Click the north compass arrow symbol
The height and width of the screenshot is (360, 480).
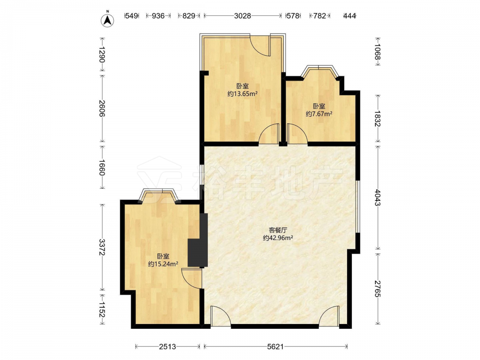pyautogui.click(x=108, y=20)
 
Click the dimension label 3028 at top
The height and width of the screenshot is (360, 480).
pyautogui.click(x=242, y=16)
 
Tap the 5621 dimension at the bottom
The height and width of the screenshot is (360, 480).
pyautogui.click(x=276, y=347)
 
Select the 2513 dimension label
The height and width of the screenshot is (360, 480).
pyautogui.click(x=168, y=347)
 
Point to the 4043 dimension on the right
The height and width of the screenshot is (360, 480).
pyautogui.click(x=378, y=198)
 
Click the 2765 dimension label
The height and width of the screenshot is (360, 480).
pyautogui.click(x=378, y=288)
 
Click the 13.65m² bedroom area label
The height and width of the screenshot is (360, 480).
pyautogui.click(x=242, y=94)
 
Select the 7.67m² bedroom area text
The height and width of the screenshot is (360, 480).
pyautogui.click(x=319, y=114)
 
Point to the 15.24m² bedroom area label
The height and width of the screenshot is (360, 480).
pyautogui.click(x=163, y=264)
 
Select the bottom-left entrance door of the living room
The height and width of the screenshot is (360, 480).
pyautogui.click(x=220, y=315)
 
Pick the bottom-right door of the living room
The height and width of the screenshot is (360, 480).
pyautogui.click(x=329, y=315)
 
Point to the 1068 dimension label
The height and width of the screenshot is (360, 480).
pyautogui.click(x=378, y=52)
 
